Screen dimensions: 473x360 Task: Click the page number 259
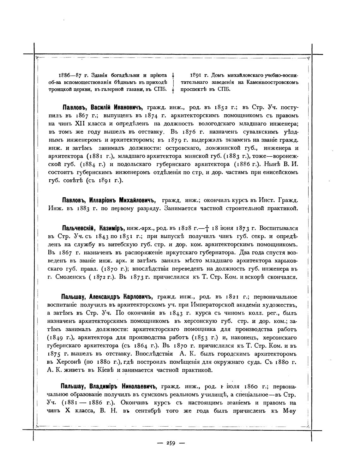coord(171,443)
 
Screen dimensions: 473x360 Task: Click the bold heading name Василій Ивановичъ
coord(117,107)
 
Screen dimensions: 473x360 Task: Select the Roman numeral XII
coord(81,123)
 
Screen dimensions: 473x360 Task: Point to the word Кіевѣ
coord(94,370)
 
